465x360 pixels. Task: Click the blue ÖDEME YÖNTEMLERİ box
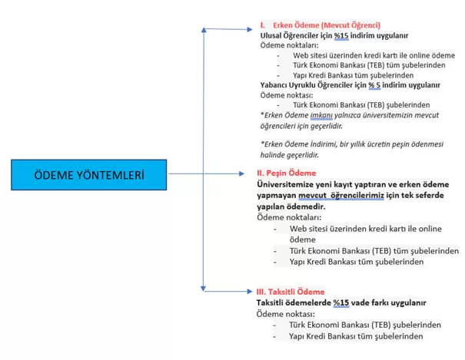89,175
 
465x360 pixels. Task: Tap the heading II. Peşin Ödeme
287,173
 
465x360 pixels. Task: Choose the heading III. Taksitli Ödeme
291,292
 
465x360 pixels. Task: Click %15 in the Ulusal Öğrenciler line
341,36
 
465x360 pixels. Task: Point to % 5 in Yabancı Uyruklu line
374,85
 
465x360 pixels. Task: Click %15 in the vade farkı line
341,303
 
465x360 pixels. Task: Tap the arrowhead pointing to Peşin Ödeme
241,173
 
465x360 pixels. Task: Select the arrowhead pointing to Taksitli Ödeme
250,292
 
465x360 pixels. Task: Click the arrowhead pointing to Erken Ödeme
250,29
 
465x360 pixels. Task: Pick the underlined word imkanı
321,115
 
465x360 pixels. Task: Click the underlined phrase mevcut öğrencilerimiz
341,196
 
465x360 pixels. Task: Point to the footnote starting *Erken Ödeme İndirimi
352,150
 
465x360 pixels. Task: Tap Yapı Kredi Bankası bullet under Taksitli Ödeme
356,336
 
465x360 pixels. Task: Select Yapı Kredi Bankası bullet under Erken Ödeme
354,75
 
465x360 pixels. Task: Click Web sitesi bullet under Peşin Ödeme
365,234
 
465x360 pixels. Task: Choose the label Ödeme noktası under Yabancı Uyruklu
287,95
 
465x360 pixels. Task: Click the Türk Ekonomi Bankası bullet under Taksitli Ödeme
365,325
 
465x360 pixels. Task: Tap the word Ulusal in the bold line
271,35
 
